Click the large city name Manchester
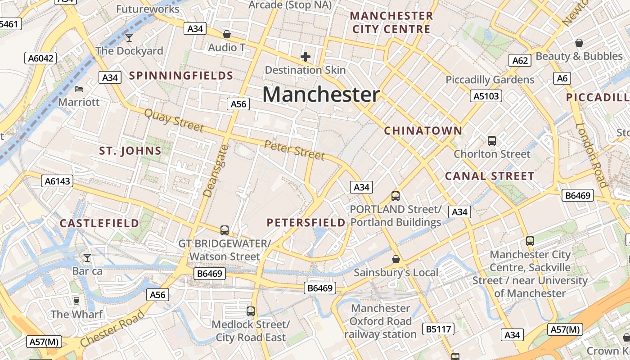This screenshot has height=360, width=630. click(x=321, y=94)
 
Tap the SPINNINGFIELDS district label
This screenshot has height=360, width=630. click(x=181, y=76)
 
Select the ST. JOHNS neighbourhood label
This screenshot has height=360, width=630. click(x=130, y=151)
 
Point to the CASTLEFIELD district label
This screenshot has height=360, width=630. click(x=99, y=223)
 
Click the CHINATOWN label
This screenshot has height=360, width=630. click(x=423, y=131)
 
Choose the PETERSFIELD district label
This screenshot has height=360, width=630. click(x=306, y=222)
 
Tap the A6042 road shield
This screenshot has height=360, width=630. click(x=40, y=58)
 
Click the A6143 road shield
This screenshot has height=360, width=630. click(x=58, y=181)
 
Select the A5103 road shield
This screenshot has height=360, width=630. click(x=486, y=95)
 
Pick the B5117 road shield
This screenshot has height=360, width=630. click(x=439, y=329)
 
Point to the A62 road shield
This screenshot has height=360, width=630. click(x=520, y=60)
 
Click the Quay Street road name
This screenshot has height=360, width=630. click(x=174, y=120)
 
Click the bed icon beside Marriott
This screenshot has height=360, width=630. click(x=79, y=89)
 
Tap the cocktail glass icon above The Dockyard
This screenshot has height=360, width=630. click(x=129, y=37)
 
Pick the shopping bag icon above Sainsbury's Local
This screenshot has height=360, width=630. click(x=396, y=259)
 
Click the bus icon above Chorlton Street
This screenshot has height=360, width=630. click(x=492, y=140)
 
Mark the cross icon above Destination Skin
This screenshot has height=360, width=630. click(x=306, y=57)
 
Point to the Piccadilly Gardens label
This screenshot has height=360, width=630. click(x=490, y=80)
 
